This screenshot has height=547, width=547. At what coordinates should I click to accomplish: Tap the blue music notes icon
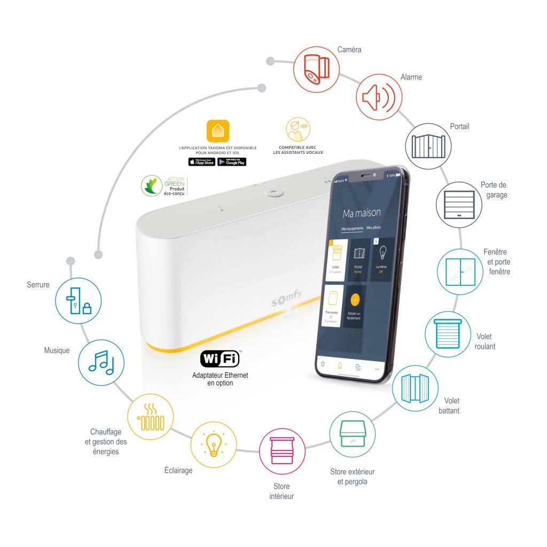(101, 363)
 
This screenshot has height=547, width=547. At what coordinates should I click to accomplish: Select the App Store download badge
(201, 161)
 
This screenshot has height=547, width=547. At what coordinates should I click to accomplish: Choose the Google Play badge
(232, 161)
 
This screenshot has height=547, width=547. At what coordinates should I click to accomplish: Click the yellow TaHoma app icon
(218, 131)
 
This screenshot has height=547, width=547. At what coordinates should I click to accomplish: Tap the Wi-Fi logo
(220, 358)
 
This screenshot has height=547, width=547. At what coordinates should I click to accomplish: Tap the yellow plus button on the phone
(355, 299)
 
